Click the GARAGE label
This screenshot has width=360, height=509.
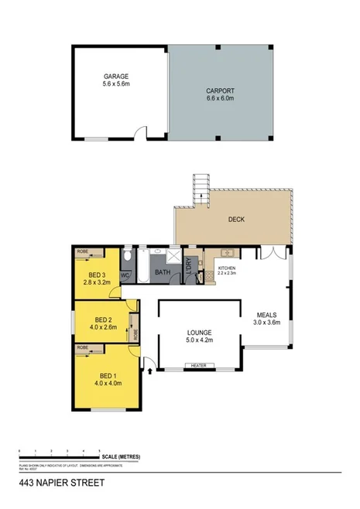(116, 77)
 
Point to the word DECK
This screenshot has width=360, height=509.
(236, 220)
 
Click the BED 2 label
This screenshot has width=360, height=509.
(103, 319)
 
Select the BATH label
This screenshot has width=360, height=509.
(163, 273)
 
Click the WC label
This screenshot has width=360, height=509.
(126, 275)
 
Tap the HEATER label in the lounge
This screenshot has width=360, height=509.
(198, 365)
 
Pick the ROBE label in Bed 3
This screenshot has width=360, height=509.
(82, 252)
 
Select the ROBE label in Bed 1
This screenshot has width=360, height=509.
(82, 348)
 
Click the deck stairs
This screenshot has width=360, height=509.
(201, 187)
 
